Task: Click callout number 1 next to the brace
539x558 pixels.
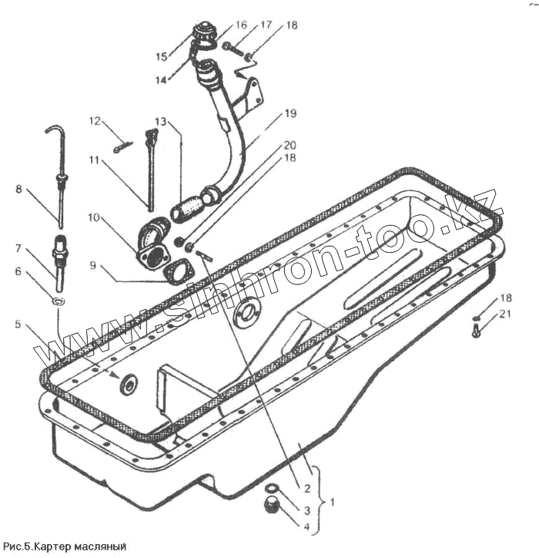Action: tap(332, 501)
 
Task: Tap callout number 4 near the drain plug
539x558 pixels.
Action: tap(306, 527)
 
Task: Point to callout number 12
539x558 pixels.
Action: tap(94, 121)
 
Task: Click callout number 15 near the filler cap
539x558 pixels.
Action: tap(161, 55)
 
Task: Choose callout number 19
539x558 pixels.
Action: tap(290, 113)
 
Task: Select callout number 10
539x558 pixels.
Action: tap(94, 217)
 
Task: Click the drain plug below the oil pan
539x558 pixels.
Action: tap(271, 506)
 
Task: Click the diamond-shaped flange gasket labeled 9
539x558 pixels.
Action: tap(179, 273)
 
